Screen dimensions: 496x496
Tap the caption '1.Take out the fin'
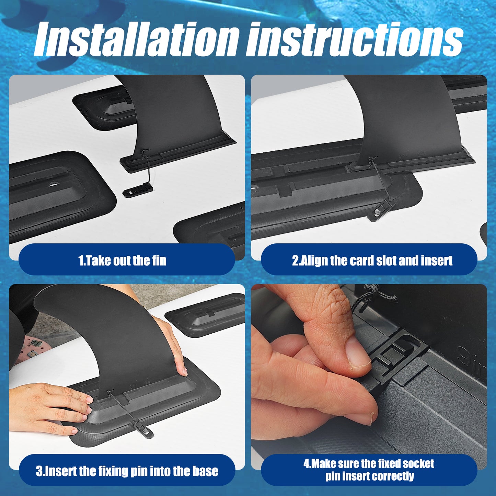pyautogui.click(x=122, y=260)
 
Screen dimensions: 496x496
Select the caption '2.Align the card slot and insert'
pyautogui.click(x=372, y=260)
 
